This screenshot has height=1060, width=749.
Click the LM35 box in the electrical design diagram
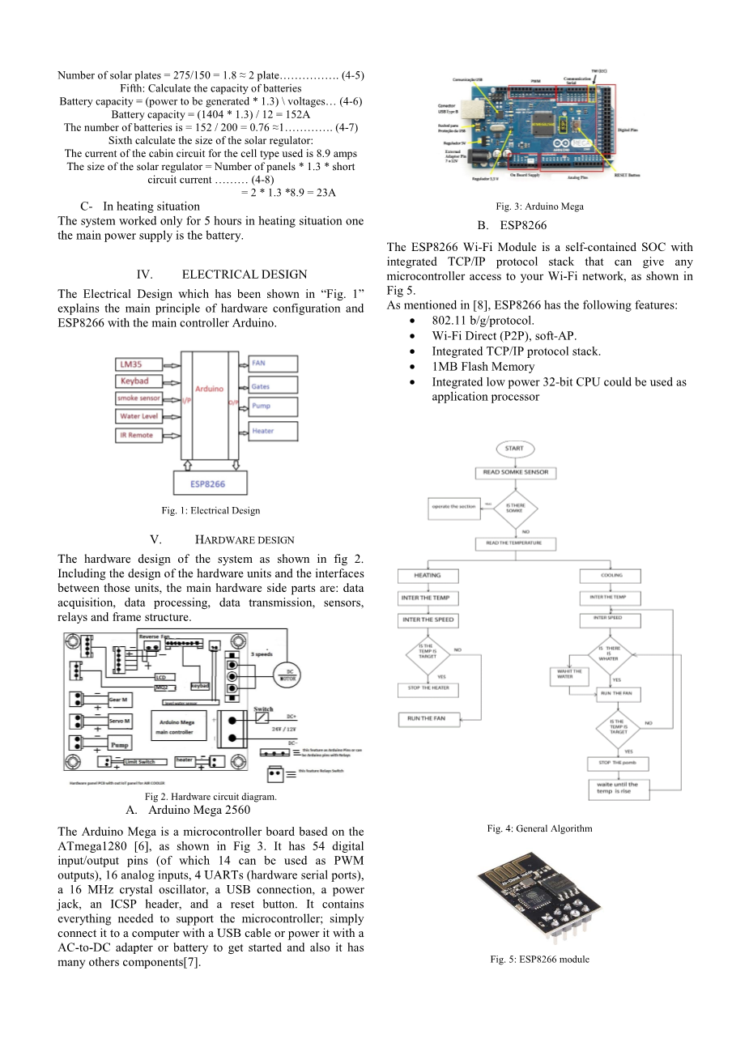[x=139, y=364]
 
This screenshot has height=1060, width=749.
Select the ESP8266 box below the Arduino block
[x=209, y=483]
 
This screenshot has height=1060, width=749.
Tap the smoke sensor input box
[x=139, y=398]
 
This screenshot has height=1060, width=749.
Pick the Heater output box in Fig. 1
[x=273, y=431]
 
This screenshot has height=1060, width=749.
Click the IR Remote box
[x=139, y=435]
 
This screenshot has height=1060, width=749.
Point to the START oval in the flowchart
[x=514, y=448]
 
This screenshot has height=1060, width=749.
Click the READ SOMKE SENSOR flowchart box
[x=515, y=472]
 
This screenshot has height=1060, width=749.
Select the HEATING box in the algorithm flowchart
[x=428, y=576]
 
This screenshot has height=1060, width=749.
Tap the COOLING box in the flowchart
[x=611, y=576]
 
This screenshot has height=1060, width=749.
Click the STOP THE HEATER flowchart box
[x=428, y=689]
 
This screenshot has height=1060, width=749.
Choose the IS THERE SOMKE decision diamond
[x=515, y=508]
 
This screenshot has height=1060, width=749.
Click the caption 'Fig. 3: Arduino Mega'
[x=539, y=206]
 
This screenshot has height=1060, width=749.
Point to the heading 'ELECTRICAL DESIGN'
[x=244, y=275]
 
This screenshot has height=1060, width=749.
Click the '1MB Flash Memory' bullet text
[x=483, y=367]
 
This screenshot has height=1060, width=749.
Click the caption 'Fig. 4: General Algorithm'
[x=539, y=828]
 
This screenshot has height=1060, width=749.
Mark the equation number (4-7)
[x=348, y=127]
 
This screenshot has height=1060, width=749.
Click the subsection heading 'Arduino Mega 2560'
[x=199, y=810]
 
